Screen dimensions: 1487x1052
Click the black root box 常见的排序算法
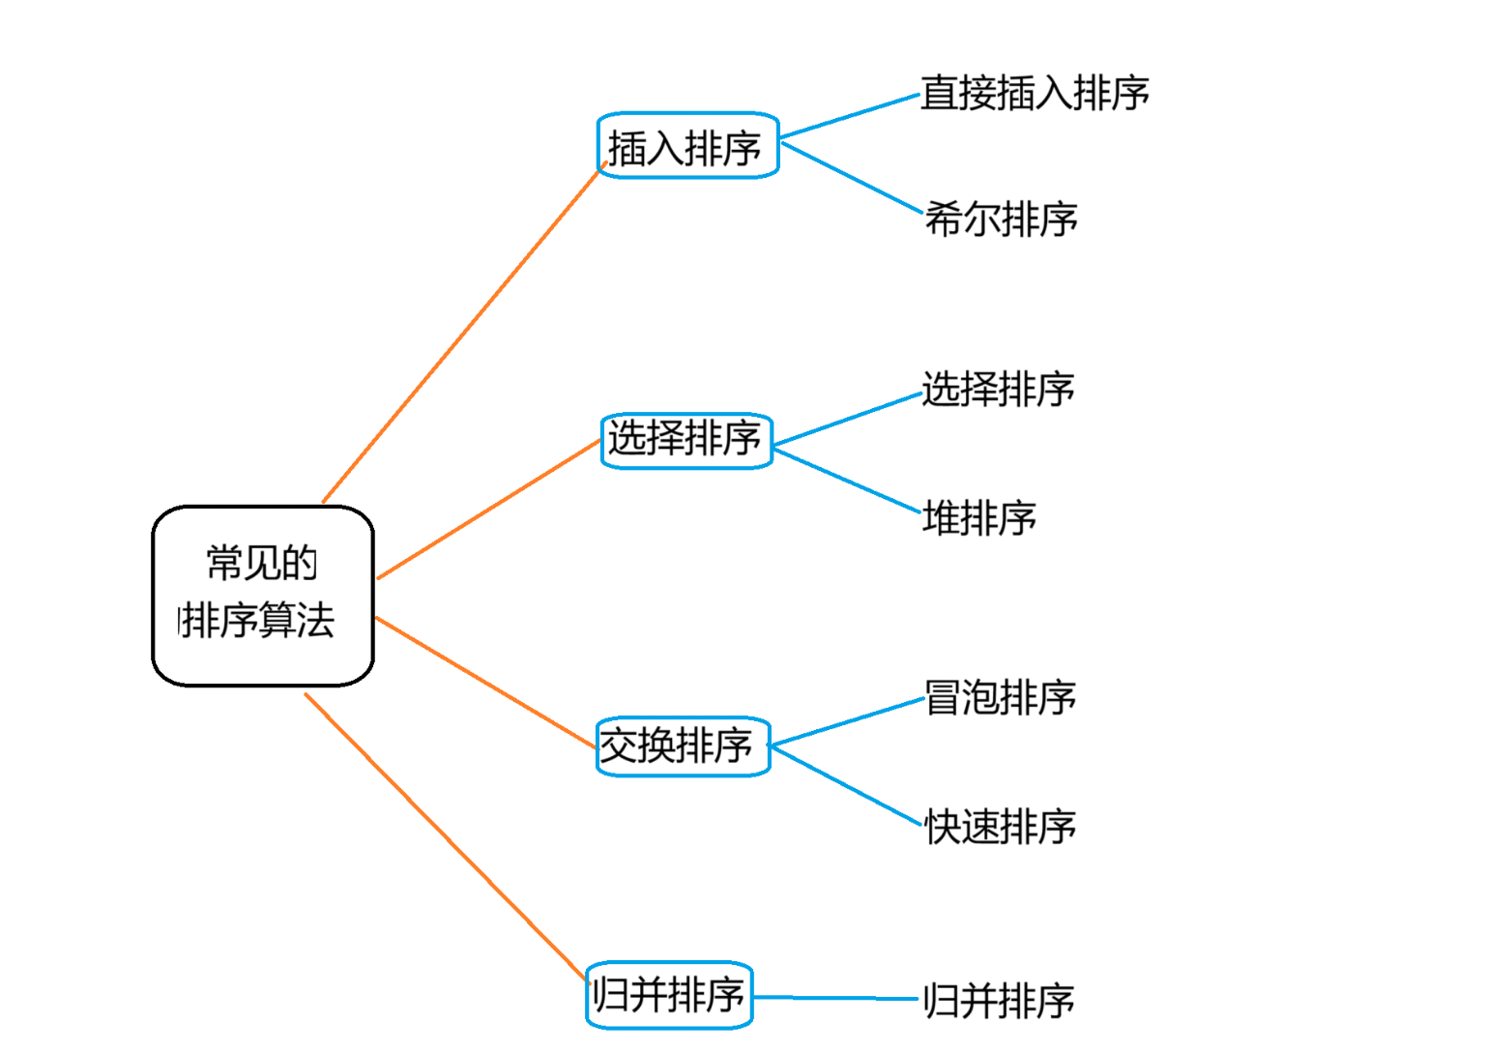click(x=263, y=596)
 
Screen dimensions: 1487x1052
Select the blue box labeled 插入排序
click(x=687, y=145)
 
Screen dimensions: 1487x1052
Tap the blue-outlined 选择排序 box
click(x=686, y=441)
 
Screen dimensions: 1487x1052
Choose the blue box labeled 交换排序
click(x=684, y=746)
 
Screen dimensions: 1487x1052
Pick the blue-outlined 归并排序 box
click(x=669, y=995)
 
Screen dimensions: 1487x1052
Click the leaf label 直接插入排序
click(x=1035, y=92)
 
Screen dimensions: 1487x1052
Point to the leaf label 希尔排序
click(x=1001, y=219)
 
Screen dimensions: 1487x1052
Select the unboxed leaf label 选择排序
click(x=999, y=389)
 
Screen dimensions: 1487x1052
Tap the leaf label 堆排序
click(x=979, y=517)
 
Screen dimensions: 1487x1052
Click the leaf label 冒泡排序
click(x=1001, y=697)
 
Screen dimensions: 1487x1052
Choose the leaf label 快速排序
click(x=1001, y=827)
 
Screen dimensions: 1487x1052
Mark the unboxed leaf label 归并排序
click(x=999, y=1001)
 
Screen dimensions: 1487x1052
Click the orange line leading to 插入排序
click(x=464, y=332)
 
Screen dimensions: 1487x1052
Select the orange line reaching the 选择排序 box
click(x=488, y=509)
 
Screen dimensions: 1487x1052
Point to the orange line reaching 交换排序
click(x=486, y=683)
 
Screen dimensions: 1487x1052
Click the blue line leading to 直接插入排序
click(x=851, y=116)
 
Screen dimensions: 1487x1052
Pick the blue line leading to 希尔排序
click(x=853, y=178)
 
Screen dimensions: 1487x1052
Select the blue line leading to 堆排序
click(x=848, y=482)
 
